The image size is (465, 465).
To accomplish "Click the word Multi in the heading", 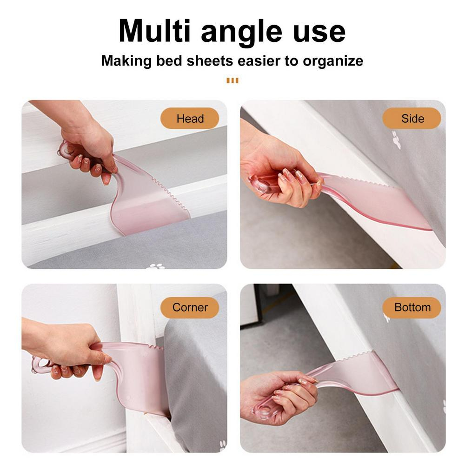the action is pyautogui.click(x=154, y=31).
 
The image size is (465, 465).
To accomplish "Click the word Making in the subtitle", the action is pyautogui.click(x=126, y=61).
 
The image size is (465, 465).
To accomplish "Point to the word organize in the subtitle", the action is pyautogui.click(x=333, y=61).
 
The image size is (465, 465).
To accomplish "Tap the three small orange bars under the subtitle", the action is pyautogui.click(x=232, y=80).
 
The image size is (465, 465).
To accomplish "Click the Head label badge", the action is pyautogui.click(x=190, y=118).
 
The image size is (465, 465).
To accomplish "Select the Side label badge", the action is pyautogui.click(x=412, y=118).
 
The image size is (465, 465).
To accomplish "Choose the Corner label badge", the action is pyautogui.click(x=190, y=307).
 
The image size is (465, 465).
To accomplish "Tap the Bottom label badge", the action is pyautogui.click(x=412, y=307).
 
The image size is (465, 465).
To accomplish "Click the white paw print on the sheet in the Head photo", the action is pyautogui.click(x=155, y=266).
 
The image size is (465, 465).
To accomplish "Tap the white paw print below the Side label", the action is pyautogui.click(x=396, y=139).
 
